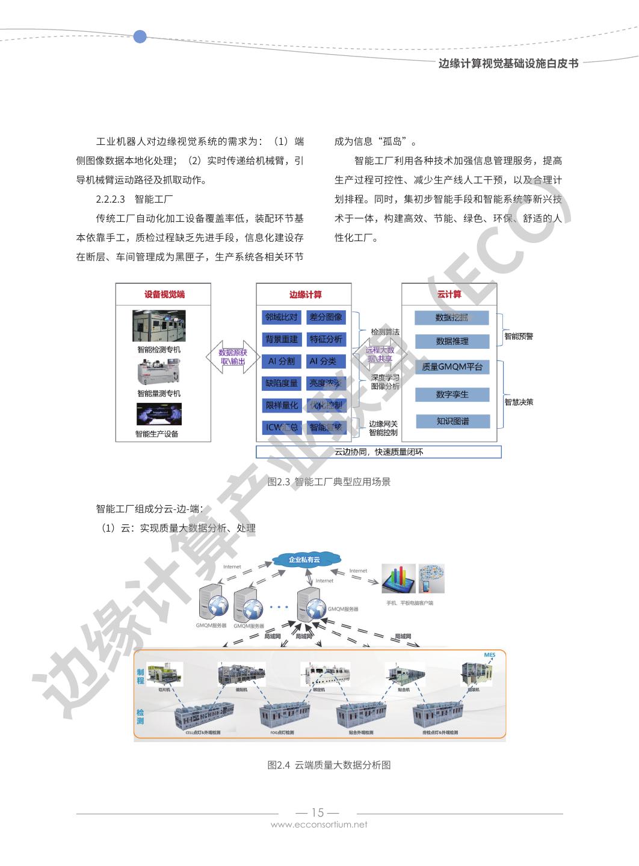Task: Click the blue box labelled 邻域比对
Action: pyautogui.click(x=281, y=317)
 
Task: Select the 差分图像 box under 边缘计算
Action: pyautogui.click(x=326, y=317)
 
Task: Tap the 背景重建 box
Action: pyautogui.click(x=281, y=339)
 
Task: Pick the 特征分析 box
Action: pyautogui.click(x=326, y=339)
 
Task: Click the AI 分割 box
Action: pyautogui.click(x=281, y=361)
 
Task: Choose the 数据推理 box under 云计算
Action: pyautogui.click(x=452, y=341)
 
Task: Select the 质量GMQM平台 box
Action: pyautogui.click(x=452, y=367)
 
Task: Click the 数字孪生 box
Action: pyautogui.click(x=452, y=395)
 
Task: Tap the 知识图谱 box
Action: pyautogui.click(x=452, y=421)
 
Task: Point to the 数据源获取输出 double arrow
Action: pyautogui.click(x=233, y=357)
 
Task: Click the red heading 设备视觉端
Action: pyautogui.click(x=164, y=294)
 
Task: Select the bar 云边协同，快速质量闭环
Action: pyautogui.click(x=378, y=452)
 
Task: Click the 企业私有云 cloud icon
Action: pyautogui.click(x=304, y=560)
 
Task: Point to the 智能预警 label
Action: pyautogui.click(x=519, y=336)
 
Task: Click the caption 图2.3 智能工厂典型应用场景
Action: pyautogui.click(x=329, y=482)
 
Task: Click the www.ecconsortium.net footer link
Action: pyautogui.click(x=319, y=825)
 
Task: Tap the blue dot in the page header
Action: pyautogui.click(x=140, y=37)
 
